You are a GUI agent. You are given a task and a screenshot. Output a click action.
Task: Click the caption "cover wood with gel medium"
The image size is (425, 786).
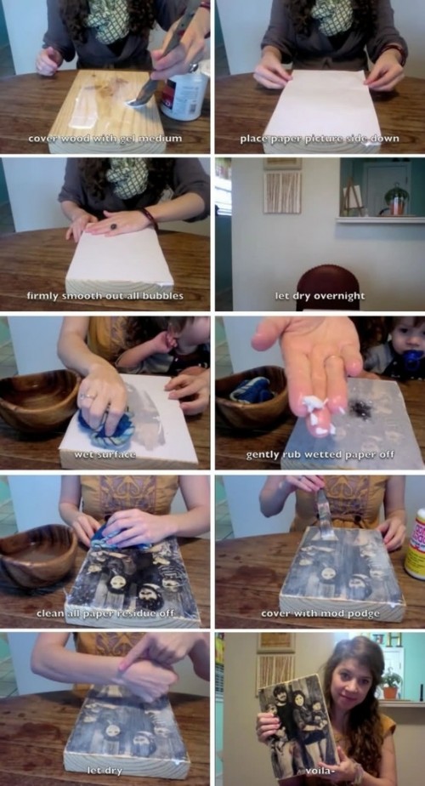(x=105, y=139)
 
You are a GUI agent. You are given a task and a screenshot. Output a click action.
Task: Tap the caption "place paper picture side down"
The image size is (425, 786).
(x=320, y=139)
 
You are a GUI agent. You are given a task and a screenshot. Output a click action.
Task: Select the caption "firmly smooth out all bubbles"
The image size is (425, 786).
(x=105, y=296)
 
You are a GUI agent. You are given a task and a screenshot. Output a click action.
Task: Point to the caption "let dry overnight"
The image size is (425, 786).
(x=320, y=296)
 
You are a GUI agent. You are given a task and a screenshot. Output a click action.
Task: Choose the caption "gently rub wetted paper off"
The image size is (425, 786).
(x=320, y=454)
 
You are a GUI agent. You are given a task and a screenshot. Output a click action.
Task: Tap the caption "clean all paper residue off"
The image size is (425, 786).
(x=105, y=613)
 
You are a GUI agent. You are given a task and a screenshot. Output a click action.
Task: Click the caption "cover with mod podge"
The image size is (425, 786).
(x=320, y=613)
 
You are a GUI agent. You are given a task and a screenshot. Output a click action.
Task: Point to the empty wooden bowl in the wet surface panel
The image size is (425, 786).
(x=37, y=400)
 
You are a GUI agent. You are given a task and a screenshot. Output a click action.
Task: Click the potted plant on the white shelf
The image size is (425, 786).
(x=396, y=200)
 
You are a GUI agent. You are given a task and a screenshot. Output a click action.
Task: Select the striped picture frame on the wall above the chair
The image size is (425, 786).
(x=281, y=192)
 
